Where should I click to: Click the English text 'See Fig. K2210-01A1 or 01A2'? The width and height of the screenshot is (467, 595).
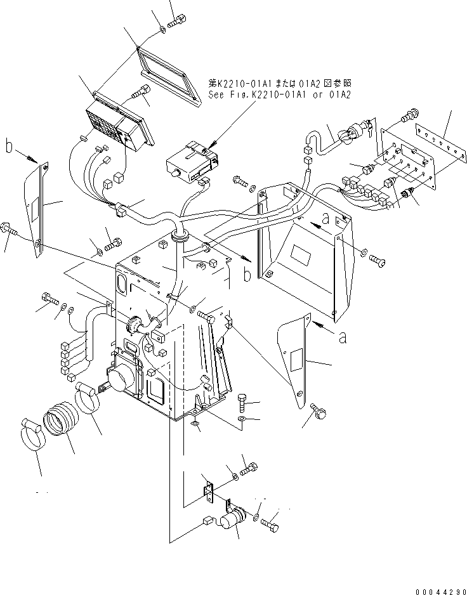pyautogui.click(x=280, y=95)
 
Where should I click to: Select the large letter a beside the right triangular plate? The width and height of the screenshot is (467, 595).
pyautogui.click(x=342, y=337)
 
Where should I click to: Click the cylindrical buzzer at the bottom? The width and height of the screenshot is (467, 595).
pyautogui.click(x=235, y=521)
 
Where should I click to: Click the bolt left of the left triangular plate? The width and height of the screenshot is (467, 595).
pyautogui.click(x=11, y=227)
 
